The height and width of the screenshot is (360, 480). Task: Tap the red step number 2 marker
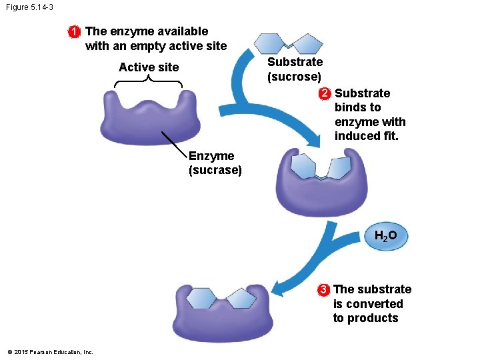[323, 93]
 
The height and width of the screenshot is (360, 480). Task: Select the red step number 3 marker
[323, 289]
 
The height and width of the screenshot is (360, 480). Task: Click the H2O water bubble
[385, 236]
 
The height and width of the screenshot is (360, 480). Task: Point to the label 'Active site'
[149, 67]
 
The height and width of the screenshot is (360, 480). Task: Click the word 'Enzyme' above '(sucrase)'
[211, 156]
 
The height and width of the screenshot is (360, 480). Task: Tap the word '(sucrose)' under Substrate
[294, 77]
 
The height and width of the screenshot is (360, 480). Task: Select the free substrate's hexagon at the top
[271, 43]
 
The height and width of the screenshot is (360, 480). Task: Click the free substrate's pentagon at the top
[307, 44]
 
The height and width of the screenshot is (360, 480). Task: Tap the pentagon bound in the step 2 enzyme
[338, 167]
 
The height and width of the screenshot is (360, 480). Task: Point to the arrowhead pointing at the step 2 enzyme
[315, 141]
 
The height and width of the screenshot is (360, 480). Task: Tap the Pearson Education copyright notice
[50, 352]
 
